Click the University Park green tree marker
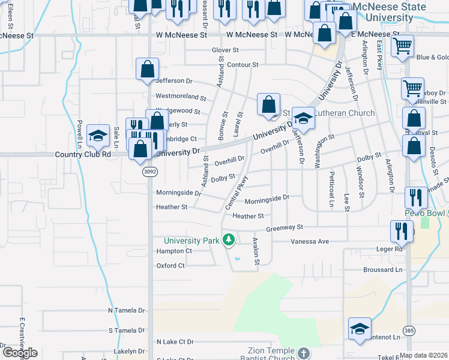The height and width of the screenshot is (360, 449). point(228,241)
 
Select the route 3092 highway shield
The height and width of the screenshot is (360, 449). point(149,172)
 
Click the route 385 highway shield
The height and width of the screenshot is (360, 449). point(408,330)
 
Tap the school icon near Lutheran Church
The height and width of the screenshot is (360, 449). point(303,118)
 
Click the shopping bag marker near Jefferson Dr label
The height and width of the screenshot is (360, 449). point(147,70)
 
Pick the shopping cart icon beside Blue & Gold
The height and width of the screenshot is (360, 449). point(402,46)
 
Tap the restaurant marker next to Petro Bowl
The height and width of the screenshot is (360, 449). point(416,197)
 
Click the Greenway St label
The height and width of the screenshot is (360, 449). point(285,228)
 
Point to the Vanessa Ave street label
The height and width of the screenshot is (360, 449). point(310,241)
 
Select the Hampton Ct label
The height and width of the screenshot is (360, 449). point(174,251)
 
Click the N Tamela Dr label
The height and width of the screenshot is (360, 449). point(127,311)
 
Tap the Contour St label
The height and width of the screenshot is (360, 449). point(243,65)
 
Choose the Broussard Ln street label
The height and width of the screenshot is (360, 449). point(382,270)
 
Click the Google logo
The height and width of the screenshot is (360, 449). point(20,353)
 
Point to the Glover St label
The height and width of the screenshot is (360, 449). point(226,50)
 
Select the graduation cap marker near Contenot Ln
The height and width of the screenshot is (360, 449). point(360,329)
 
